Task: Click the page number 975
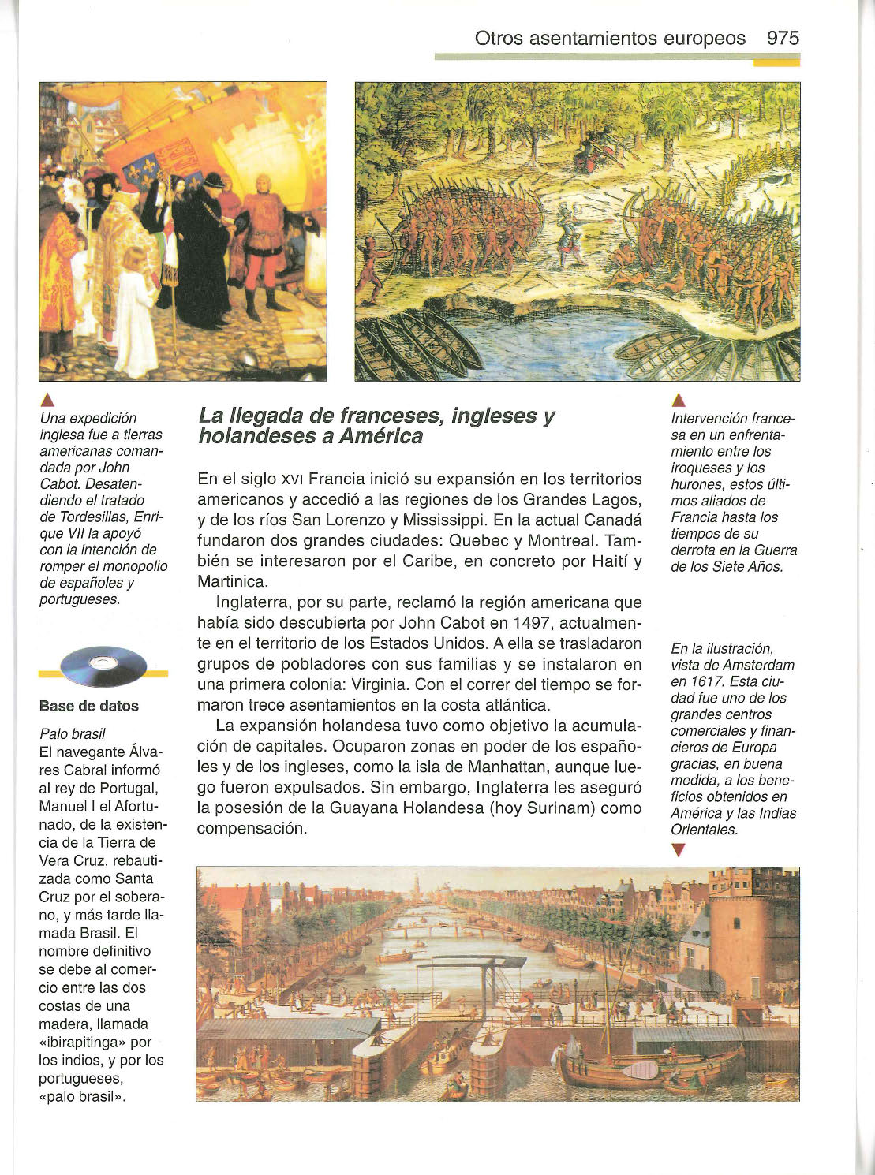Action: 782,39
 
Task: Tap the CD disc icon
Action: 103,667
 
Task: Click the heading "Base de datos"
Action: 88,707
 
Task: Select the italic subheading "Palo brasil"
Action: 72,733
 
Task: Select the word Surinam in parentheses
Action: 563,808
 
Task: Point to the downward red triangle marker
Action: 677,850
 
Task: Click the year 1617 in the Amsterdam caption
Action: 701,681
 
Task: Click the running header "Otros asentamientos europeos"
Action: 610,39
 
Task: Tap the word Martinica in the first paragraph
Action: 233,582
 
